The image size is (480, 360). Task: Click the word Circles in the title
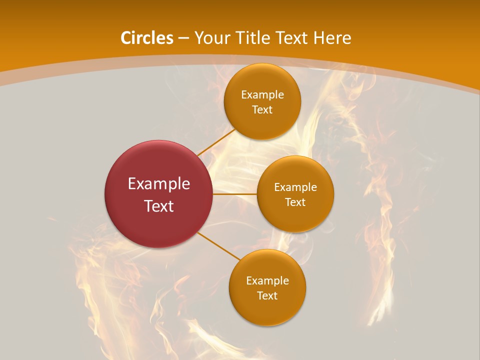(147, 38)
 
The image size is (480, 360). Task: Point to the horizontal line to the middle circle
(235, 194)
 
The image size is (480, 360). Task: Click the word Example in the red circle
(159, 184)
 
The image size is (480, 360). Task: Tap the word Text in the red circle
(159, 206)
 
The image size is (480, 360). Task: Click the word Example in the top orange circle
(262, 95)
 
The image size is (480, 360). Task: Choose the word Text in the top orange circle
(262, 110)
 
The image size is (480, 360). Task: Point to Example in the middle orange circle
(295, 187)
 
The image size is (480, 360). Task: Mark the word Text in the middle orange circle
(295, 202)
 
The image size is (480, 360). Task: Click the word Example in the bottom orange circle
(267, 281)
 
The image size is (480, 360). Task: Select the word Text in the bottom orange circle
(267, 296)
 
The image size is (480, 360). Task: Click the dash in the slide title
(183, 38)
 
